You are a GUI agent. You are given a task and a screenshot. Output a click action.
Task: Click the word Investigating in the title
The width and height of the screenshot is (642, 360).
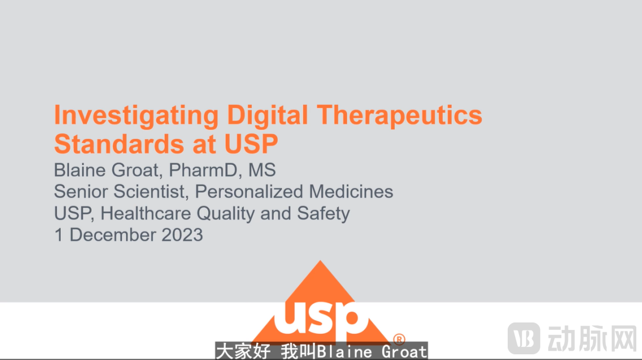click(x=137, y=116)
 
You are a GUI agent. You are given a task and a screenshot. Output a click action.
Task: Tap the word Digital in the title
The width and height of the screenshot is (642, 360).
click(x=267, y=115)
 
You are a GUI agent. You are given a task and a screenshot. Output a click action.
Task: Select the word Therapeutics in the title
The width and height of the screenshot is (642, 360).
click(x=400, y=116)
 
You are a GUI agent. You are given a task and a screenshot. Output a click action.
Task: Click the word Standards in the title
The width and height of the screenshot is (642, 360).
click(x=119, y=144)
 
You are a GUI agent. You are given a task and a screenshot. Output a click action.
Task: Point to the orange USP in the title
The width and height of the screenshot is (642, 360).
click(x=251, y=144)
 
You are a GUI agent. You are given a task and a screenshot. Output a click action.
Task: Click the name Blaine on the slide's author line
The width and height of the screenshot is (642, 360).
click(x=80, y=170)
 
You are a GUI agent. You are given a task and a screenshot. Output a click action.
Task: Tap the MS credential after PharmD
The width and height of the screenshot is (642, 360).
click(x=262, y=170)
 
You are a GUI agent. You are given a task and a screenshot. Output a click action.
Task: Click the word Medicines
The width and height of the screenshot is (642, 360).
click(x=351, y=192)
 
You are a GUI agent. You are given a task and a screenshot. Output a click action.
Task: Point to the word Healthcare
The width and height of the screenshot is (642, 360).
click(x=146, y=213)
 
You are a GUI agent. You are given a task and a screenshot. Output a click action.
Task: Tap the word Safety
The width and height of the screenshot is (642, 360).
click(x=323, y=214)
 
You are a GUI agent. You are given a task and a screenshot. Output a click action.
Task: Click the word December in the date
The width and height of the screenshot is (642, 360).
click(x=113, y=235)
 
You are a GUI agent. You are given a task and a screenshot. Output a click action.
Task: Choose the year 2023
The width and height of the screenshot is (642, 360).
click(x=182, y=235)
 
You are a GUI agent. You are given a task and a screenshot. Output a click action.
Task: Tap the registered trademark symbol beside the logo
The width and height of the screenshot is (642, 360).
click(x=399, y=339)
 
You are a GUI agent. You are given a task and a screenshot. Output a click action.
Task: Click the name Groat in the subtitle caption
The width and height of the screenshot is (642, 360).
click(x=404, y=351)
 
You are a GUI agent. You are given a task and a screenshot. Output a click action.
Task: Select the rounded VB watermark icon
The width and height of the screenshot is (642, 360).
click(x=524, y=338)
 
